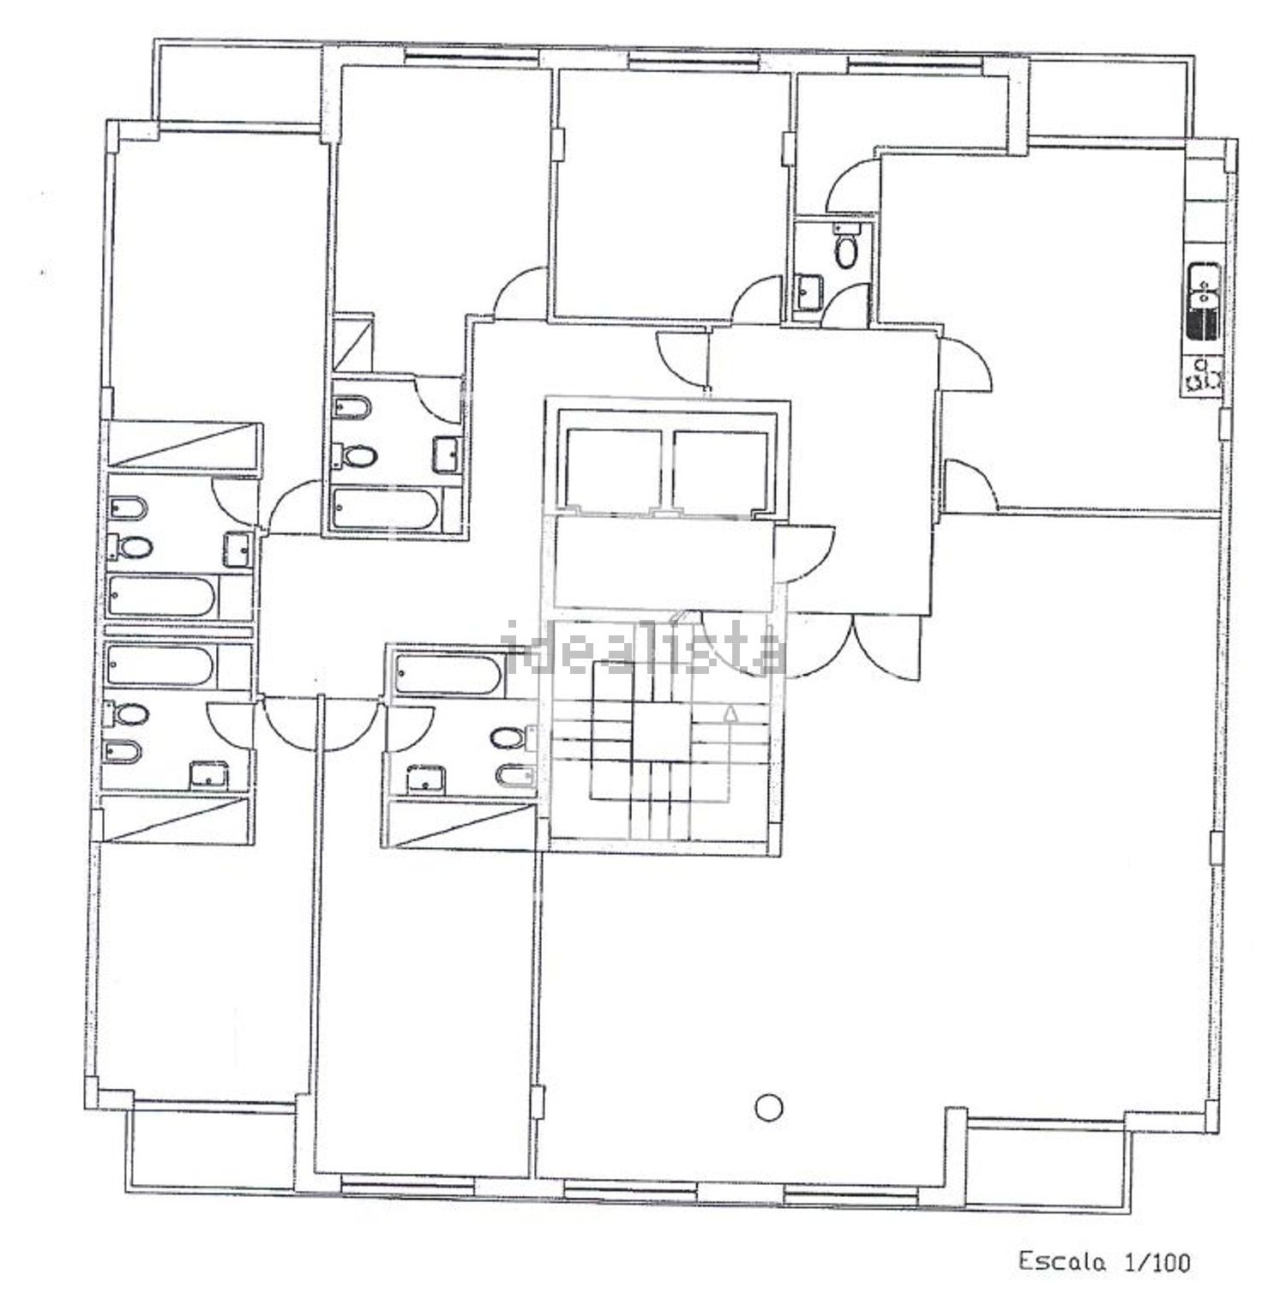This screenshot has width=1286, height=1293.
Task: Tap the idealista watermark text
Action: [643, 653]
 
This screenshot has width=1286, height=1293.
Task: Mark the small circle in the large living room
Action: [770, 1107]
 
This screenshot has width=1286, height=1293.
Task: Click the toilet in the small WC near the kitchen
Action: [846, 247]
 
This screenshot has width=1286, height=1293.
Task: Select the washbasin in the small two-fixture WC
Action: [808, 292]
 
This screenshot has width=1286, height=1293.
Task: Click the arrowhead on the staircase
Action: [730, 713]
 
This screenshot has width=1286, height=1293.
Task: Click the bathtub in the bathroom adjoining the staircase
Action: [448, 675]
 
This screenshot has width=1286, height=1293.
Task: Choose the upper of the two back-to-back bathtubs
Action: [161, 597]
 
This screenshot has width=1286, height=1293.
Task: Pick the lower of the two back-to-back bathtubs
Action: [161, 665]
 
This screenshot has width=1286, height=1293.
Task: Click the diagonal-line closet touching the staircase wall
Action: [463, 824]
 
